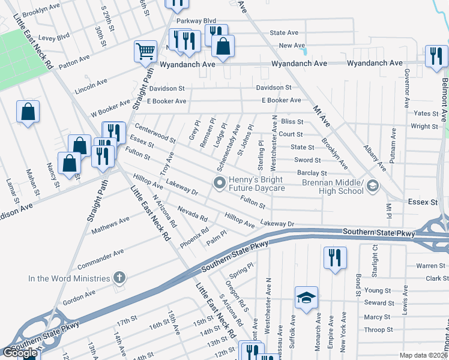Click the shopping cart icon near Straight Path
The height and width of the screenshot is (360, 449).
(x=145, y=51)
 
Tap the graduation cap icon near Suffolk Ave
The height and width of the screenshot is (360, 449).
(x=306, y=296)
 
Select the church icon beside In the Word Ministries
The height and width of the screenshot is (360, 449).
(x=119, y=278)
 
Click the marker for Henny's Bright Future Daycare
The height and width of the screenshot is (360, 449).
(x=220, y=182)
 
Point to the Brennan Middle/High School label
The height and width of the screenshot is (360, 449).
(x=333, y=187)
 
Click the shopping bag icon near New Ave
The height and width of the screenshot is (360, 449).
(x=223, y=46)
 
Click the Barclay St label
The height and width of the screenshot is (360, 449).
(x=311, y=173)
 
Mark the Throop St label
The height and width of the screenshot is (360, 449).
(x=378, y=329)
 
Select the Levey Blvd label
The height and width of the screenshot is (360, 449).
(x=55, y=37)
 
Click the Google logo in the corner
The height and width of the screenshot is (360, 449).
(x=20, y=353)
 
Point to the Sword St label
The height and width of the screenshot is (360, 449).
(x=307, y=160)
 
